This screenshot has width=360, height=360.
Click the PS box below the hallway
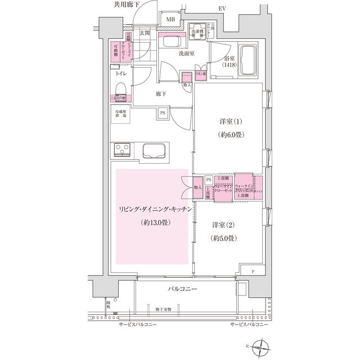[x=163, y=113]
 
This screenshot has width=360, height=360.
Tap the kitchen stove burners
[x=121, y=151]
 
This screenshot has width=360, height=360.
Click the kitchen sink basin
[x=154, y=152]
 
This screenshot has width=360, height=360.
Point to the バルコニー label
[x=181, y=289]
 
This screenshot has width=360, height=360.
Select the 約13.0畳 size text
[x=154, y=223]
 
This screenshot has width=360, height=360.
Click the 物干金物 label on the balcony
[x=164, y=308]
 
